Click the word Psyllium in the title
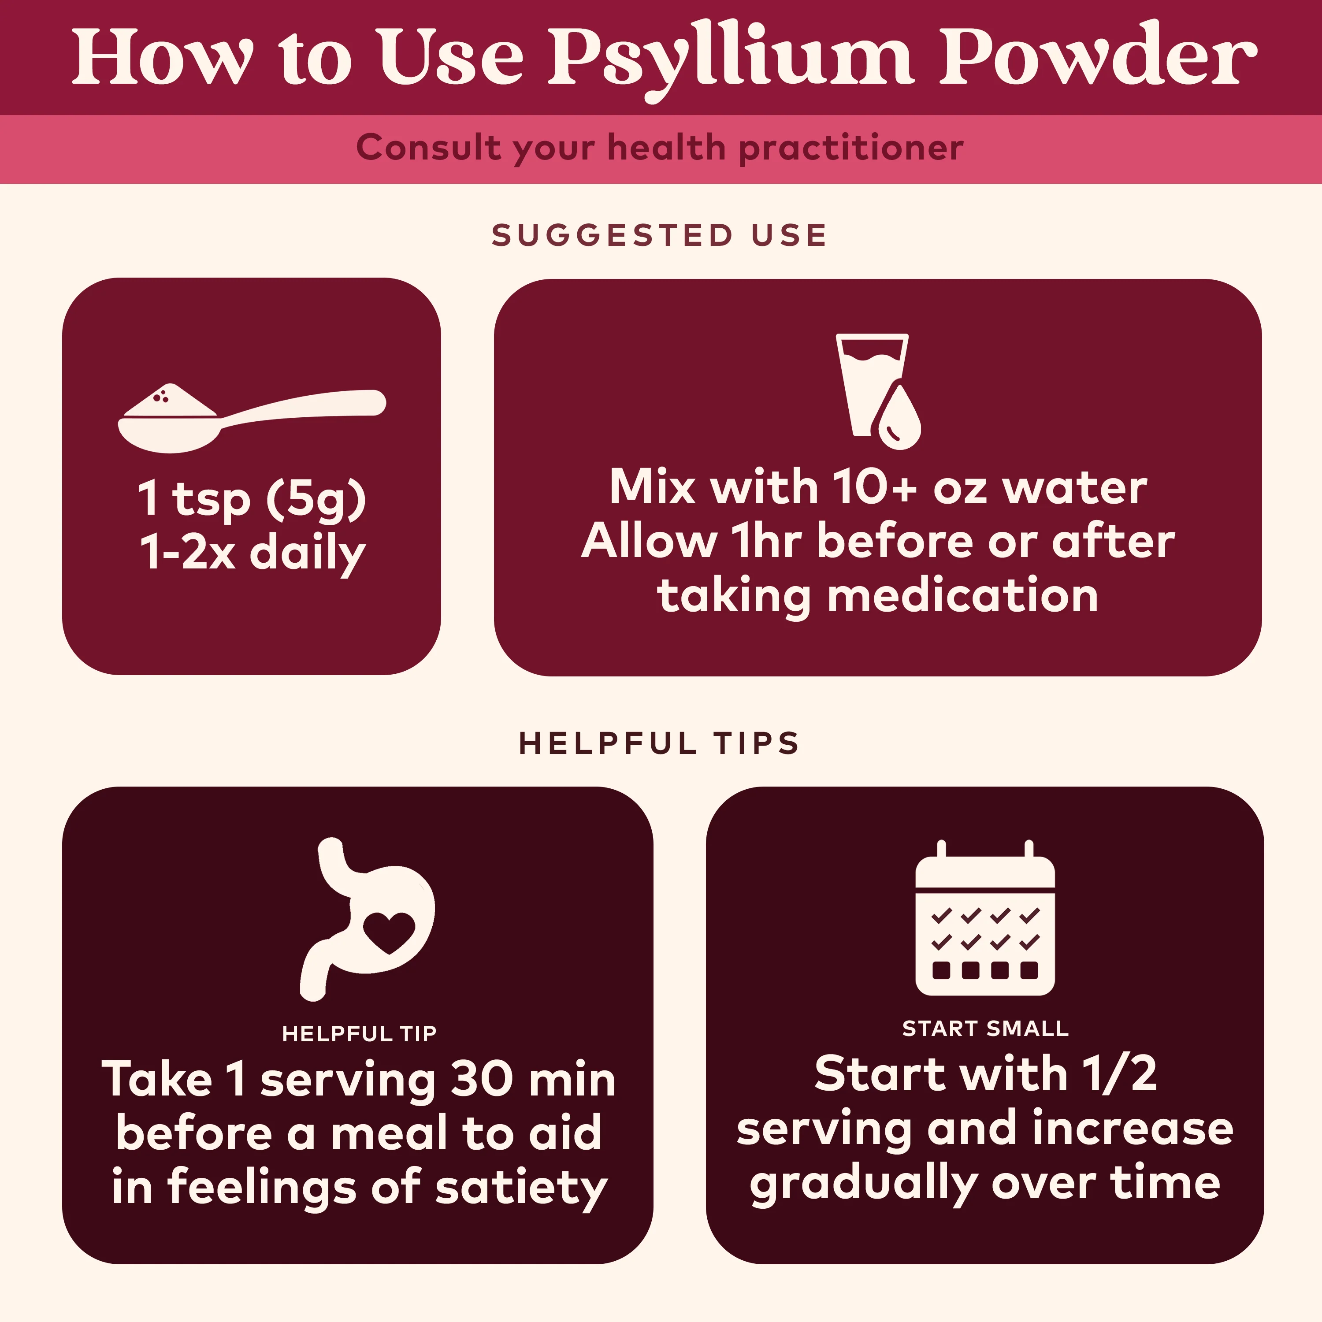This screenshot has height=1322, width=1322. tap(730, 62)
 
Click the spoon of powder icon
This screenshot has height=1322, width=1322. tap(252, 418)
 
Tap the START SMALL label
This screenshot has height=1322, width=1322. tap(985, 1029)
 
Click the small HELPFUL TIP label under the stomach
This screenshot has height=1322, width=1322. tap(359, 1033)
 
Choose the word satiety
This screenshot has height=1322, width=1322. tap(521, 1188)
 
